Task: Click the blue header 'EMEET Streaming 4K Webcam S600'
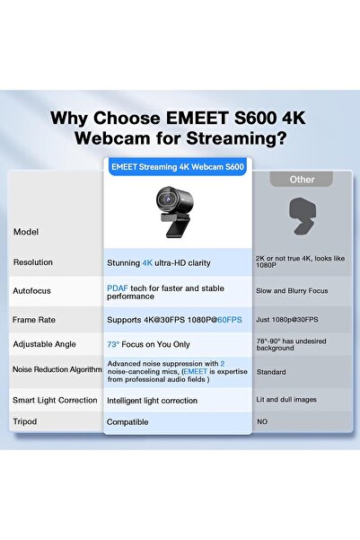(x=176, y=167)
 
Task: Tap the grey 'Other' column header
(x=303, y=179)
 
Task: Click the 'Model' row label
(x=26, y=232)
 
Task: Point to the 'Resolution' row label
(x=33, y=262)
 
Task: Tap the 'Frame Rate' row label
(x=35, y=319)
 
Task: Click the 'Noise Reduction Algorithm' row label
(x=55, y=369)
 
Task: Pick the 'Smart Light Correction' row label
(x=55, y=400)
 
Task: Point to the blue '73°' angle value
(x=114, y=344)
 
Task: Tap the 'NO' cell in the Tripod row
(x=262, y=420)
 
